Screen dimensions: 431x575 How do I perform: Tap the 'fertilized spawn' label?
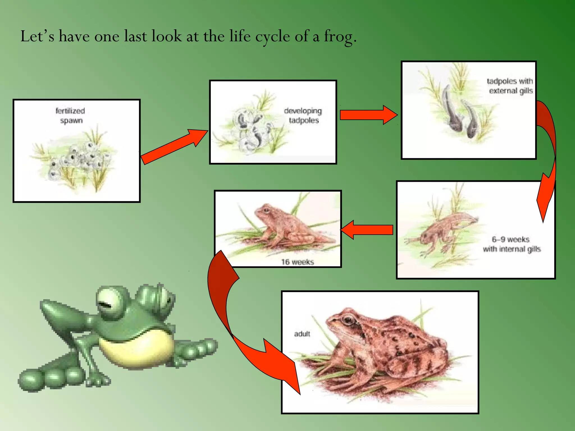pos(70,116)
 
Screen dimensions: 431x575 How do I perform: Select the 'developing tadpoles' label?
pos(303,116)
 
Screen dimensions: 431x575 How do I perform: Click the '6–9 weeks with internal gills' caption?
pos(512,244)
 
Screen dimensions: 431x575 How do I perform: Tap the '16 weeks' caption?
pos(298,262)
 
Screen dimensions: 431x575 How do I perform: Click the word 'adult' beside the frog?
pos(302,334)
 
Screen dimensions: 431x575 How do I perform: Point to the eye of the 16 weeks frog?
pos(266,210)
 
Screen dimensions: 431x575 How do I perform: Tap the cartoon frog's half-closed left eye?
pos(108,303)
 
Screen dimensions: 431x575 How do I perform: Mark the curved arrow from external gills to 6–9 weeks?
pos(547,157)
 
